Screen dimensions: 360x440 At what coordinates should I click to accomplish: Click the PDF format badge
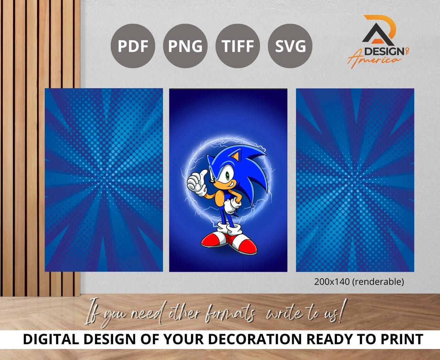133,46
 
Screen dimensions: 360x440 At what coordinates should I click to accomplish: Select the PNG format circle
185,46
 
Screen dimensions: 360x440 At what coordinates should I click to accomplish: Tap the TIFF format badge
237,46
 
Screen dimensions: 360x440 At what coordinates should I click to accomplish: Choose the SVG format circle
290,46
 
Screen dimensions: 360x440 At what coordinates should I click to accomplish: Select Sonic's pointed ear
234,156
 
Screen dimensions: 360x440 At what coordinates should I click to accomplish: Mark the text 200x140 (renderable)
359,282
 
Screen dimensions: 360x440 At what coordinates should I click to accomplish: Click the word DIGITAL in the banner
49,340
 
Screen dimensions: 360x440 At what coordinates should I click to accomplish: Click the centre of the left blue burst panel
103,180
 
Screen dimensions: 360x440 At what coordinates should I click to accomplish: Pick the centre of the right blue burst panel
355,180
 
